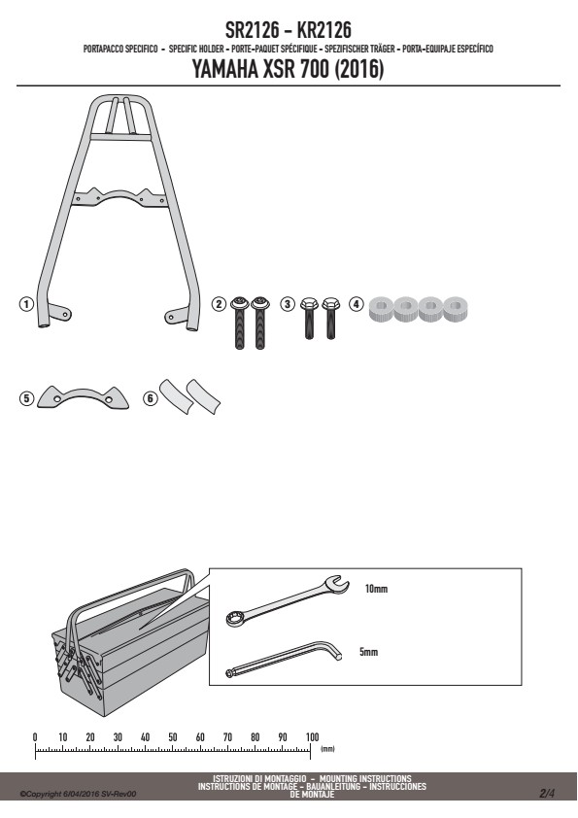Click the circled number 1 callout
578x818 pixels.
[x=26, y=304]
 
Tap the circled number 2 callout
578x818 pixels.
[x=220, y=304]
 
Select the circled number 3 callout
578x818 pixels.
[x=288, y=304]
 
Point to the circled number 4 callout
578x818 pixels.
[x=356, y=304]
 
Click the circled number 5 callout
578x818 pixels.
[x=26, y=398]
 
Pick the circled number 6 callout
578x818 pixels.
[x=151, y=398]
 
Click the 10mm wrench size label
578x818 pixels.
[x=376, y=589]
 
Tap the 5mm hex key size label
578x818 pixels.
[x=368, y=652]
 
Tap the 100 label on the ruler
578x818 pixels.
[x=312, y=737]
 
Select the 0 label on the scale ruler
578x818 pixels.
[x=35, y=737]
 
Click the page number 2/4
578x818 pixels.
[x=547, y=794]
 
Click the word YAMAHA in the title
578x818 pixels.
[x=224, y=69]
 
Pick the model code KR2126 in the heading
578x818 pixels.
[x=323, y=30]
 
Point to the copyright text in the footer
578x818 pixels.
[x=78, y=794]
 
